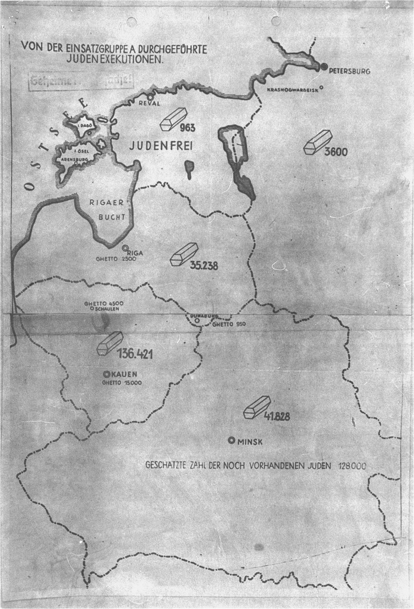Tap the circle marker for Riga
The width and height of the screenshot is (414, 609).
click(125, 248)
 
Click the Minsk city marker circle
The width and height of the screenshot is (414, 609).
click(231, 440)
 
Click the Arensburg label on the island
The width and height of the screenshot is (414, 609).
click(72, 158)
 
